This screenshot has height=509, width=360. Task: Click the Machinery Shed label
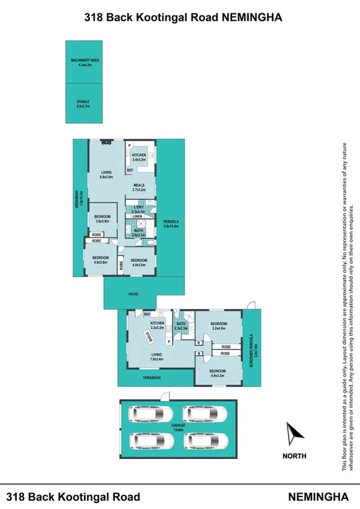85,63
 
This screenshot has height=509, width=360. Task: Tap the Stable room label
83,103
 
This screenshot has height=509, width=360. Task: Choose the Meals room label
139,187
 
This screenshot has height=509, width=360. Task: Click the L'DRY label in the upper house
138,209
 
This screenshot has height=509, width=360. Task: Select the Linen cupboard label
137,217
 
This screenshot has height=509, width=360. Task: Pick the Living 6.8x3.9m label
106,175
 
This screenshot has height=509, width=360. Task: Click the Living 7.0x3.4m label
157,357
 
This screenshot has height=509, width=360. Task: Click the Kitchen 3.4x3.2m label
139,157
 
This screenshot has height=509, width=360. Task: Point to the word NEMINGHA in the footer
319,497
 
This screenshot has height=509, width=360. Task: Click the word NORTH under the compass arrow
294,456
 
